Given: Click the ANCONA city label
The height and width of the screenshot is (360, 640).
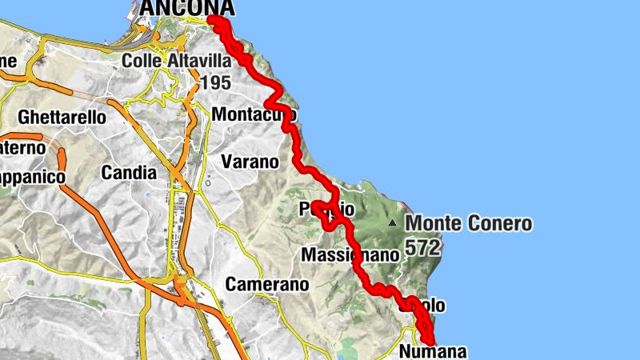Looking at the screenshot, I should click(x=187, y=8).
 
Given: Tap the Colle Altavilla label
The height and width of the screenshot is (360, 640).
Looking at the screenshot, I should click(x=176, y=60).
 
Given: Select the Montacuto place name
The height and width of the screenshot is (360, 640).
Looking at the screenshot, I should click(x=254, y=115).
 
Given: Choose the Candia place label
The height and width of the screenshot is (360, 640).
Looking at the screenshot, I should click(x=130, y=172).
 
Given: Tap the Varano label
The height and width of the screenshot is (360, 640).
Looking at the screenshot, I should click(x=250, y=162).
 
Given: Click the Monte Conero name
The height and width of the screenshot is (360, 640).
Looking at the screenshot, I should click(x=469, y=224).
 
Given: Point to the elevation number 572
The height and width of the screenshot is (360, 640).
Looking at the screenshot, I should click(x=422, y=248).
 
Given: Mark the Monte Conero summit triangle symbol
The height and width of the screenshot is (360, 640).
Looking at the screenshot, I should click(x=392, y=222).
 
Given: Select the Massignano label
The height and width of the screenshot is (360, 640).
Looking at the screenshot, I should click(x=350, y=255).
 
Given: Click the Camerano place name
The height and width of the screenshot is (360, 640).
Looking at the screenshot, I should click(x=267, y=284).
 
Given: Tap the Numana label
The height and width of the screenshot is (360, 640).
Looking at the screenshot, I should click(x=432, y=351).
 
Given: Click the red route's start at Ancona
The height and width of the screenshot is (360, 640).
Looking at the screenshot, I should click(x=213, y=21).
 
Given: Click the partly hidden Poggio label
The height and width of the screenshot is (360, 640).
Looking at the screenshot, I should click(x=326, y=209).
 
